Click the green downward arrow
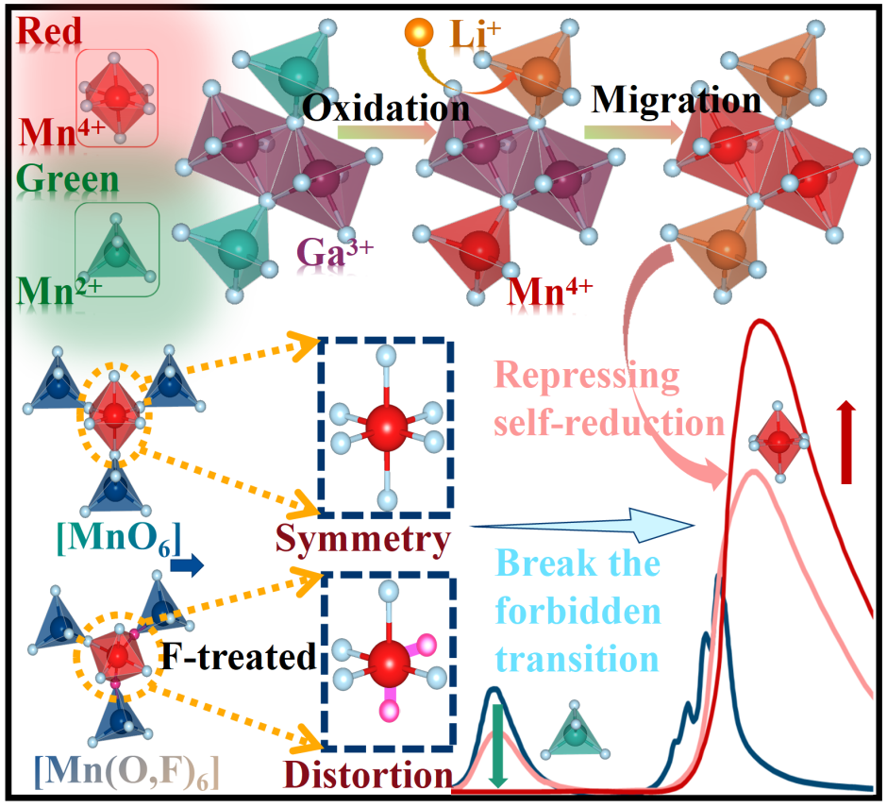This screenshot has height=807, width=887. pos(499,751)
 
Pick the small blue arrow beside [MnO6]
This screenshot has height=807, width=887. pos(192,566)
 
